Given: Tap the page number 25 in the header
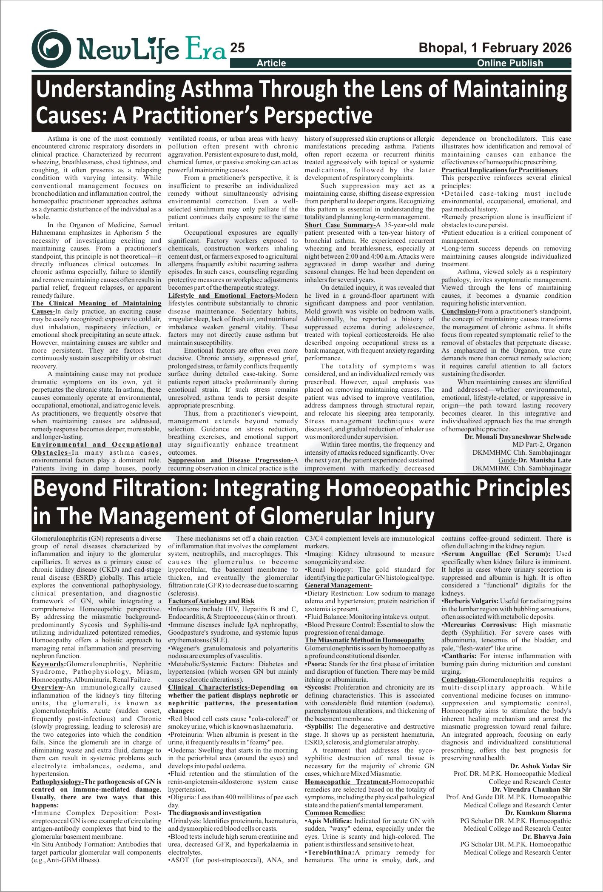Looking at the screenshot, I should [237, 48].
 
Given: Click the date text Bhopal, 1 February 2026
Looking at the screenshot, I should [495, 48].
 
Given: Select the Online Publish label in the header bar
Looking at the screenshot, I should [510, 63].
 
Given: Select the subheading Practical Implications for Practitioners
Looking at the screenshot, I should [499, 170].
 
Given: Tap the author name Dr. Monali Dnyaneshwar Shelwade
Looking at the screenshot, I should [518, 437].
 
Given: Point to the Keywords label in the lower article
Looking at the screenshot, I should [48, 664].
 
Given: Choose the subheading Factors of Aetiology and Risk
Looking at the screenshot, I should [211, 601].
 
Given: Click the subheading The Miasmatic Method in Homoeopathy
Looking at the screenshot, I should [364, 640].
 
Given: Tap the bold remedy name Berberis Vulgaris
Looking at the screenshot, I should [472, 601].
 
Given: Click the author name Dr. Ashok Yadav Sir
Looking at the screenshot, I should [540, 766].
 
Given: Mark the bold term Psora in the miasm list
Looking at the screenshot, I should [316, 664].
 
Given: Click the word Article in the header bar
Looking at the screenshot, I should [271, 63].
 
